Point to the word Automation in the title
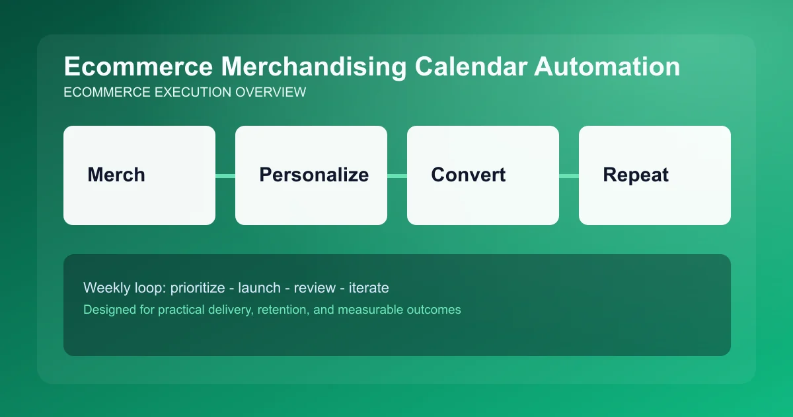[x=611, y=68]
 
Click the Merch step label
[x=116, y=175]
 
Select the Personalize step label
[x=314, y=175]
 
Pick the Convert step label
[x=468, y=175]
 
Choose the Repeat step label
[x=636, y=175]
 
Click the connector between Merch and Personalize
[x=225, y=175]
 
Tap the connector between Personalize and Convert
[x=397, y=175]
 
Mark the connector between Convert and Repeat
[x=569, y=175]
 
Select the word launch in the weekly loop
[x=260, y=288]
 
